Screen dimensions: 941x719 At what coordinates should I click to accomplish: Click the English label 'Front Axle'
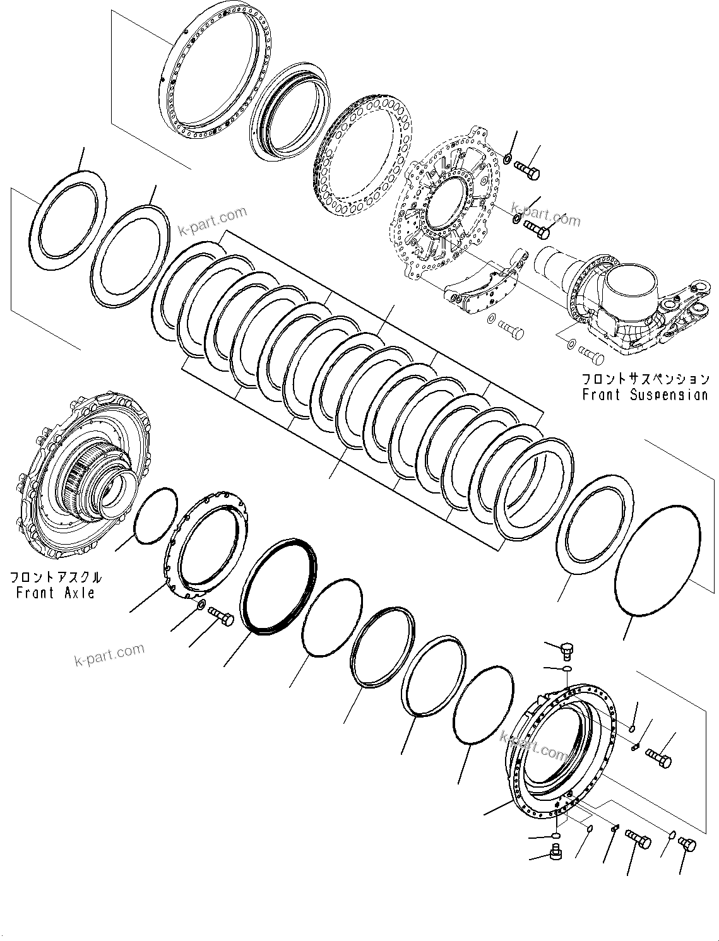tap(55, 593)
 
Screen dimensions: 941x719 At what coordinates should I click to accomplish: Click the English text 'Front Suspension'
tap(645, 395)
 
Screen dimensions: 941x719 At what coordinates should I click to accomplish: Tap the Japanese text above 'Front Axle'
tap(55, 577)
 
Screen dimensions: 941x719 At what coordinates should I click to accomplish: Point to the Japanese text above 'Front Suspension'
tap(645, 379)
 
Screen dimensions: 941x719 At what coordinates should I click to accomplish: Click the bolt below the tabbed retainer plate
tap(220, 616)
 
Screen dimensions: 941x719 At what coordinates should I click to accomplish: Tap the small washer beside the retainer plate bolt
tap(200, 605)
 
